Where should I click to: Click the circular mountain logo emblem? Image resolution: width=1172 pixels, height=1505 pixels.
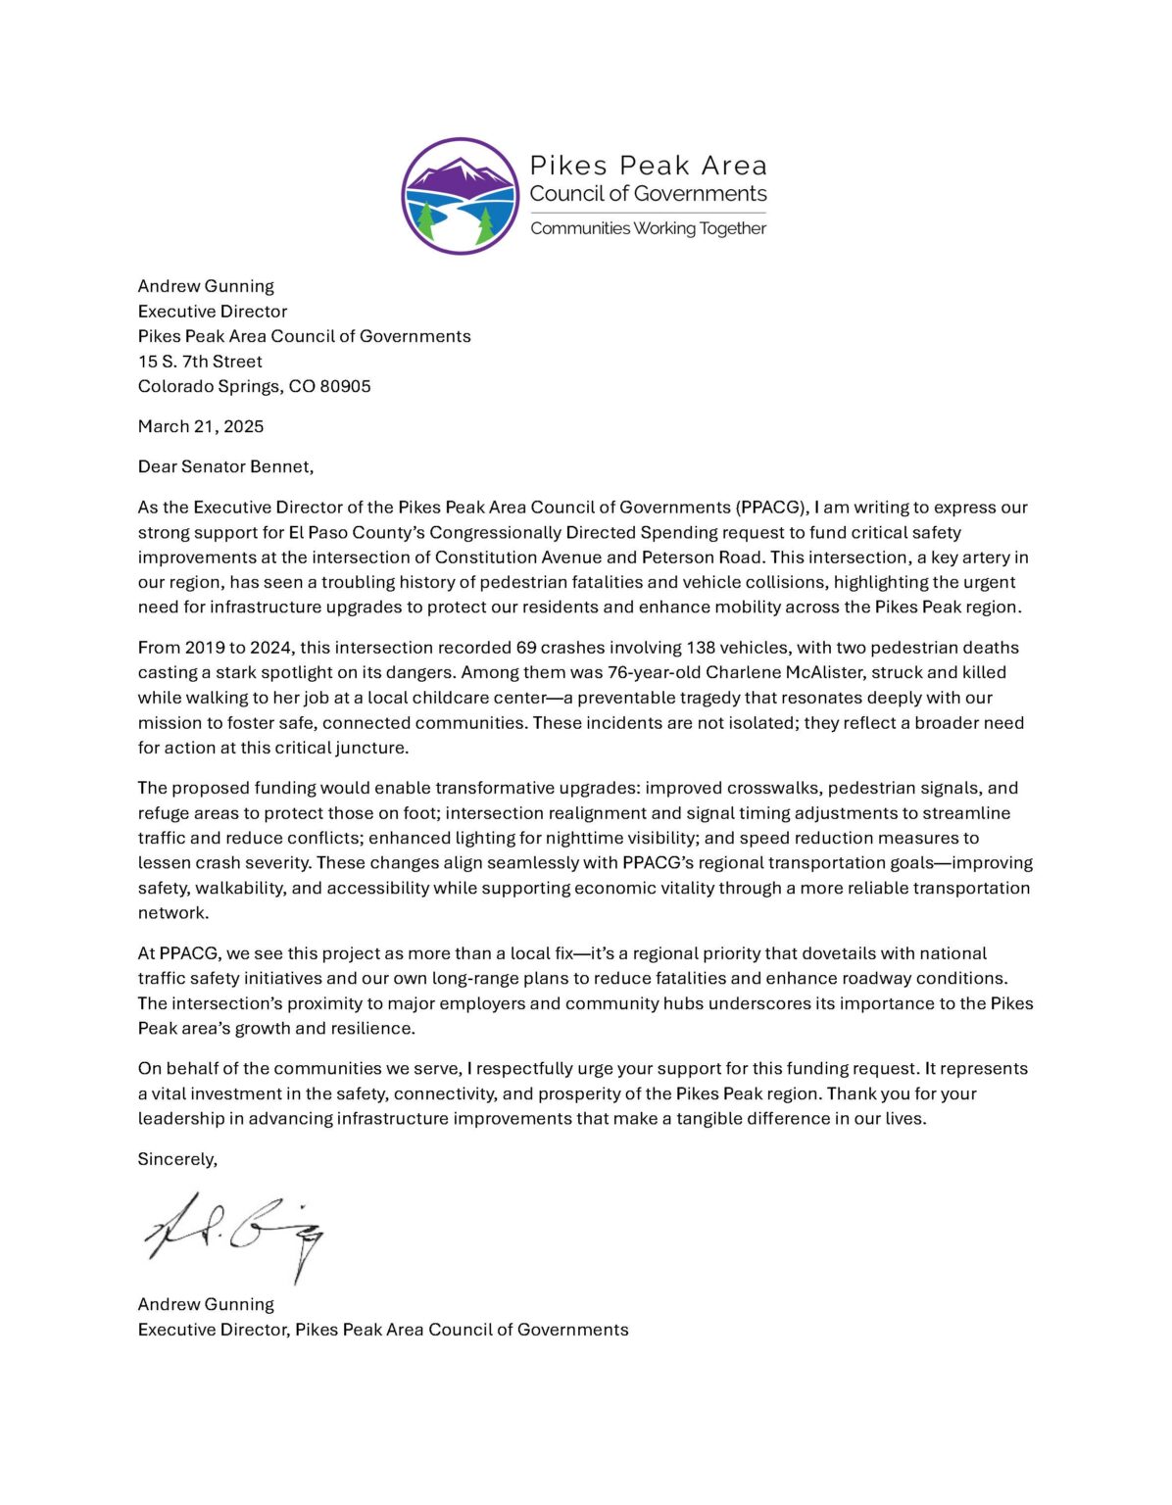460,196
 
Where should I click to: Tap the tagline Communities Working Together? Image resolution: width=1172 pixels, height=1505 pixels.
648,228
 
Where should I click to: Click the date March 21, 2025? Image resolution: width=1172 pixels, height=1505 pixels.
201,426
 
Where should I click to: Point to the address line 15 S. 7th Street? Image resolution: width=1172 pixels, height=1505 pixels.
200,361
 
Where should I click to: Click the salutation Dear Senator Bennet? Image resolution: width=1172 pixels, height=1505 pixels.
225,466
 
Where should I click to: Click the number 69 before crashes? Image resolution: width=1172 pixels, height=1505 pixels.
526,648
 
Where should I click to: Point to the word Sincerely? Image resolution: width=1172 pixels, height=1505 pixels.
177,1159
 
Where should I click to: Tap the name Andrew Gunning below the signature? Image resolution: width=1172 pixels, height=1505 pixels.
206,1304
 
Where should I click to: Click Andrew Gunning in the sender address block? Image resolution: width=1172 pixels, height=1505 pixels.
206,286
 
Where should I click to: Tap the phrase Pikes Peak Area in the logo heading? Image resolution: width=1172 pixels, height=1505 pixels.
648,166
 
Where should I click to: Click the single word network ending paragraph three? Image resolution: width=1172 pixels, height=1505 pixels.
172,913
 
